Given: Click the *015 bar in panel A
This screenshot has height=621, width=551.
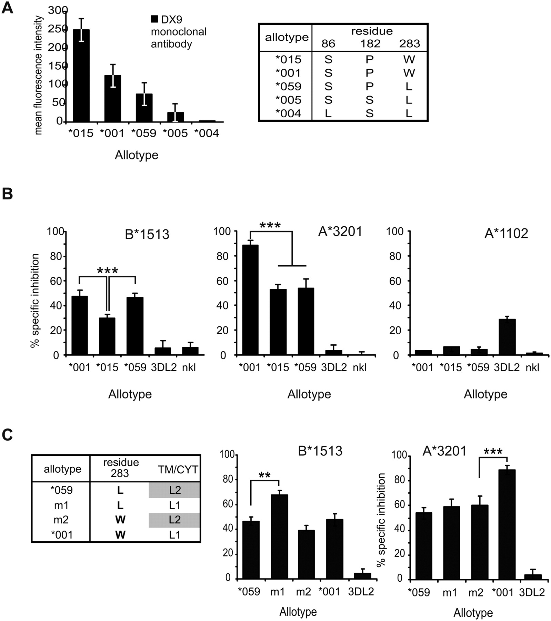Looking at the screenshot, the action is (81, 76).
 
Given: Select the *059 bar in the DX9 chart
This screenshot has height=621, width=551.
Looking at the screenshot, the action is (144, 108).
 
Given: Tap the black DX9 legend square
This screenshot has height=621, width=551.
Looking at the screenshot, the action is (154, 19).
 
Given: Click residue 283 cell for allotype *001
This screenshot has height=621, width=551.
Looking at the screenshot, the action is (409, 73).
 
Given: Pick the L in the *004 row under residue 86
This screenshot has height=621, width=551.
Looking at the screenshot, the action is (328, 113).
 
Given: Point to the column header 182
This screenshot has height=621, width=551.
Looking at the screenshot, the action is (370, 43).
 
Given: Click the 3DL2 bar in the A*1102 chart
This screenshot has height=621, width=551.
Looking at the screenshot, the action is (507, 337).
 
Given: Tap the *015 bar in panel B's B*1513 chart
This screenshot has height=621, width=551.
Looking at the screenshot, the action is (107, 336).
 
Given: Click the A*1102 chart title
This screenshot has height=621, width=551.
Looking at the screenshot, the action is (506, 234).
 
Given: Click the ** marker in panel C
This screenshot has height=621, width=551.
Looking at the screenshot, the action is (264, 475).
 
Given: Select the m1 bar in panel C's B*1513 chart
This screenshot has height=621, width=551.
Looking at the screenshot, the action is (280, 537).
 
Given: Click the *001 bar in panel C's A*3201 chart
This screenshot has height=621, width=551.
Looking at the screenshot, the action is (507, 524).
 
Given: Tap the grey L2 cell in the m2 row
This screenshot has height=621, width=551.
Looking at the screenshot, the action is (174, 520).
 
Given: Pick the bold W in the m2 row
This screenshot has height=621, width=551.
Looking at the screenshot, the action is (120, 520).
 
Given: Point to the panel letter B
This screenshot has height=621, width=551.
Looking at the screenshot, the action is (7, 194).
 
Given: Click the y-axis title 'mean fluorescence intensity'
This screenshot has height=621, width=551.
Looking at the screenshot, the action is (39, 75).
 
